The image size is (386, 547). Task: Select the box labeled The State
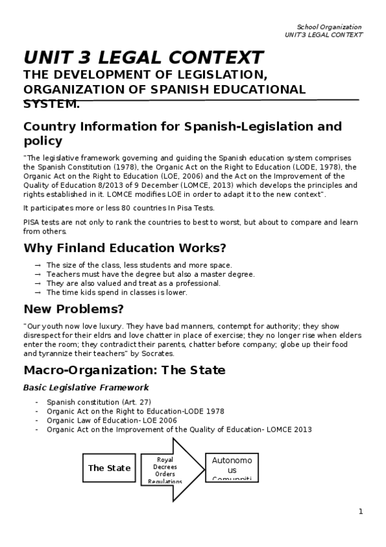[109, 468]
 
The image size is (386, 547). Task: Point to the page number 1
[361, 512]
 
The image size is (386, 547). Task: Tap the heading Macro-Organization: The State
[124, 370]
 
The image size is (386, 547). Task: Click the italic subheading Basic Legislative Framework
[86, 388]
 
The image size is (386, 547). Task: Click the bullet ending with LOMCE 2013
[179, 430]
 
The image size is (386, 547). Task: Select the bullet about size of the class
[139, 265]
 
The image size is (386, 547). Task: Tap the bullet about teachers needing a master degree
[150, 274]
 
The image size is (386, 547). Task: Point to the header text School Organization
[329, 27]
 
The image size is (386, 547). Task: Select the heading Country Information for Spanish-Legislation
[182, 126]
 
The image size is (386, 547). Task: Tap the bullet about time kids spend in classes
[117, 292]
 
